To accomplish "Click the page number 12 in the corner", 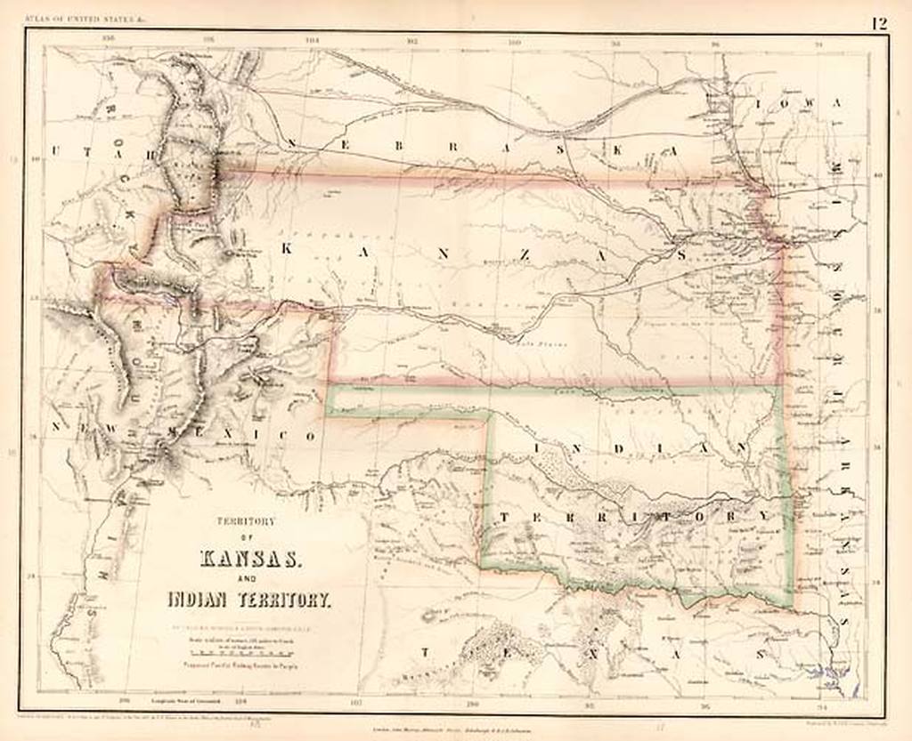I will coord(879,22).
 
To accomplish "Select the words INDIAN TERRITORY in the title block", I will coord(249,600).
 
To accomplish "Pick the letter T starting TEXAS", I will coord(425,652).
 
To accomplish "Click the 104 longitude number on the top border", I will coord(313,40).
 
